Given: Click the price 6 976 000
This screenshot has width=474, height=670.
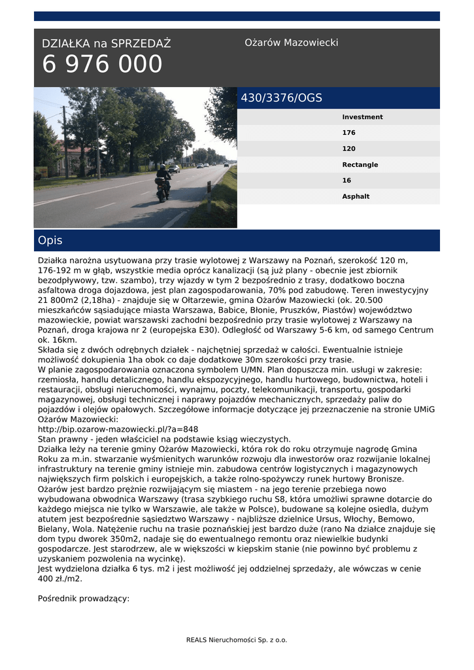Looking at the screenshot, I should (102, 65).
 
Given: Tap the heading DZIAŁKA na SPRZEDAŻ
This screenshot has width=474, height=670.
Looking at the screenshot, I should (106, 44).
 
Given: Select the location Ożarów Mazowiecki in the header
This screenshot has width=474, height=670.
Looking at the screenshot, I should (291, 43).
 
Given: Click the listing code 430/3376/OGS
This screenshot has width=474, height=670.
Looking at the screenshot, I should (282, 98).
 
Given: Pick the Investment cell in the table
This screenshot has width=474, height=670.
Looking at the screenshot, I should (362, 117).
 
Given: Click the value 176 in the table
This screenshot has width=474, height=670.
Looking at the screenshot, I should (349, 133).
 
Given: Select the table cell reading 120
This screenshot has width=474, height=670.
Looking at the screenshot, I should (349, 149).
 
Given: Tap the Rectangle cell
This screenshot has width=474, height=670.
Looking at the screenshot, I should (360, 165).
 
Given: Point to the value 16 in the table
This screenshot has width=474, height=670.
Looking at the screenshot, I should (347, 181).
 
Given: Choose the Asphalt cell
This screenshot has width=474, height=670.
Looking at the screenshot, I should (356, 196).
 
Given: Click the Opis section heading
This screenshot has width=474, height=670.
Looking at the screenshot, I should (50, 241).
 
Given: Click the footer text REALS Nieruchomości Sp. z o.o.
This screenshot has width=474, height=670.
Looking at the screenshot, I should (237, 640).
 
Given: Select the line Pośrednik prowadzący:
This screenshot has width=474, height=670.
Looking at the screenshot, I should (84, 598).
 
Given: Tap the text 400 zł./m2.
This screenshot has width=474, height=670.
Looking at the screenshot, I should (60, 578).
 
